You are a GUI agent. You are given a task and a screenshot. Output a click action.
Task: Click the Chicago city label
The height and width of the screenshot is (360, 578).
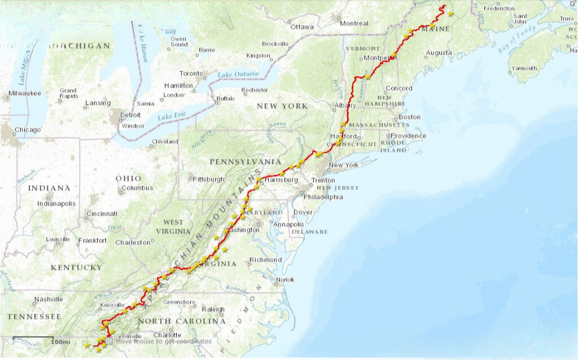[x=28, y=130]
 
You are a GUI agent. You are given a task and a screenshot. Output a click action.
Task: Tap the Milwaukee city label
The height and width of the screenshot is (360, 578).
[x=25, y=93]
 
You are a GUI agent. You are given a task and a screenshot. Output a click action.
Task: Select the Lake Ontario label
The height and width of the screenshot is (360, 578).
[x=238, y=74]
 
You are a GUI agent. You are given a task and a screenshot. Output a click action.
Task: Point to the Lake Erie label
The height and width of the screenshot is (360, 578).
[x=172, y=116]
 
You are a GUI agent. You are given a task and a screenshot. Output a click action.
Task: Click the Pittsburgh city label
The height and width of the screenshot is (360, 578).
[x=208, y=179]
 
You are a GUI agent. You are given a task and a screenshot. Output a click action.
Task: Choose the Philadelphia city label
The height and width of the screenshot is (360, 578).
[x=323, y=197]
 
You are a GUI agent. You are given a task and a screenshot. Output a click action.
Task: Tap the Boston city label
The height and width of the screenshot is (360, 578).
[x=409, y=117]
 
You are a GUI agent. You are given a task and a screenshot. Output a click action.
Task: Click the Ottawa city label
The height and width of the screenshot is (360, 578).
[x=302, y=27]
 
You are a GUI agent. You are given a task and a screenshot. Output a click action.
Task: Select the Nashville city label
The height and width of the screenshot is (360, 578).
[x=48, y=299]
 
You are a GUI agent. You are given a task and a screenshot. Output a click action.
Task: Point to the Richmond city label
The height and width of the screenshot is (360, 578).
[x=265, y=260]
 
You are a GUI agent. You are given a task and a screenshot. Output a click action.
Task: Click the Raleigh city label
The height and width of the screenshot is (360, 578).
[x=213, y=309]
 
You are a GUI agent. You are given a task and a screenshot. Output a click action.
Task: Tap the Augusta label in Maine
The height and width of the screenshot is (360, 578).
[x=439, y=52]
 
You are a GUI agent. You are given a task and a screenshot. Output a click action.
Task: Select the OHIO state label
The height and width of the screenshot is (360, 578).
[x=129, y=178]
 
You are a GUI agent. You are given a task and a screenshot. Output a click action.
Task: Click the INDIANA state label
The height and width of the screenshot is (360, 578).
[x=50, y=188]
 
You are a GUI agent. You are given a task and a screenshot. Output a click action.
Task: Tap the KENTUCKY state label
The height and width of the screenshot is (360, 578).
[x=76, y=267]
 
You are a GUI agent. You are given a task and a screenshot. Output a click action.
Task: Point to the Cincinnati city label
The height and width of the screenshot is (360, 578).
[x=102, y=214]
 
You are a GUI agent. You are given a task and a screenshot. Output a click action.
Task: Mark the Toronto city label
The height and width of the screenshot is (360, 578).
[x=191, y=73]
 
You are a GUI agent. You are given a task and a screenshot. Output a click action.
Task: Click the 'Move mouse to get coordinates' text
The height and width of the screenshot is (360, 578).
[x=164, y=341]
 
